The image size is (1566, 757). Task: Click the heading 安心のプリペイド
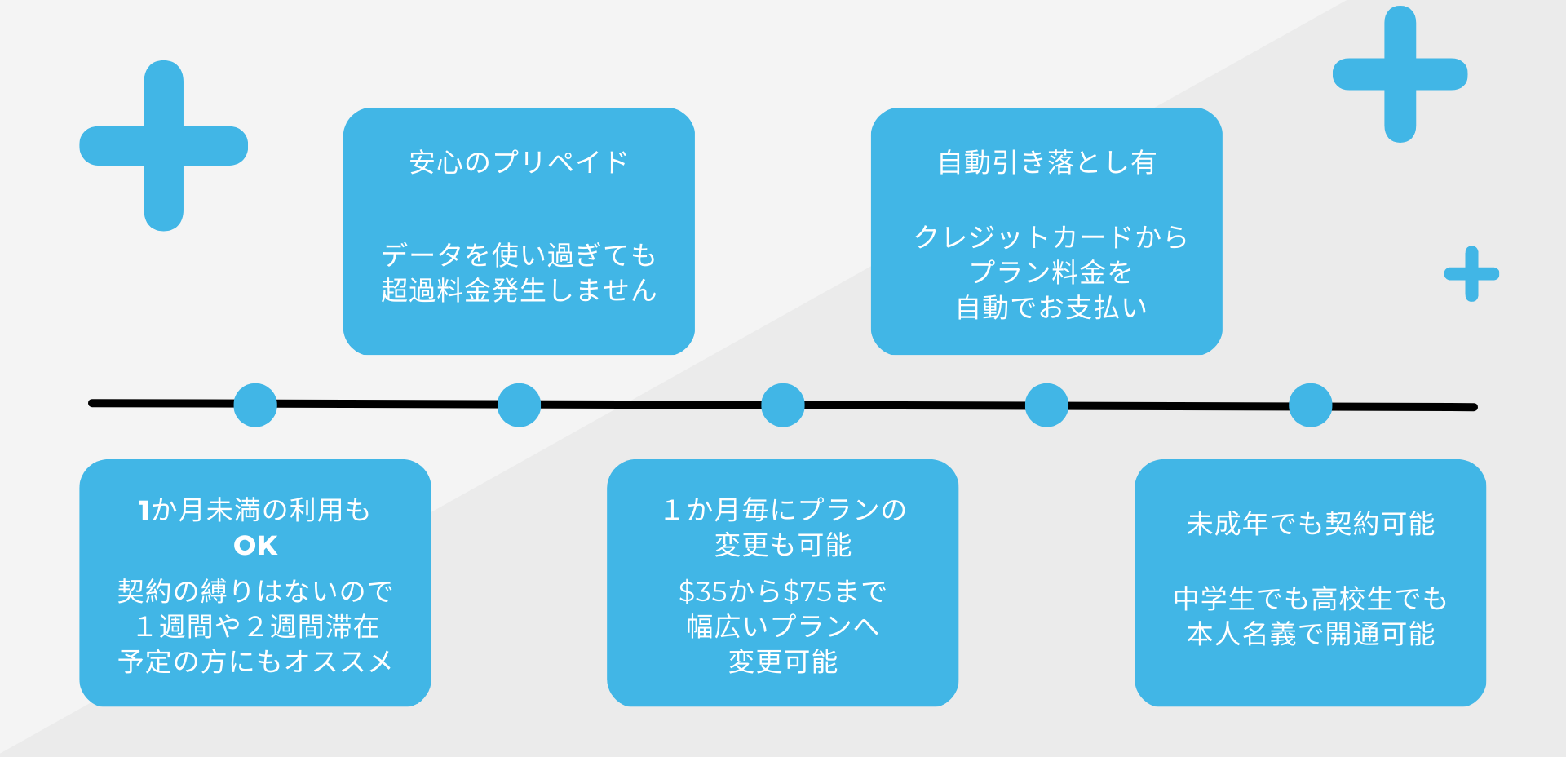(x=519, y=162)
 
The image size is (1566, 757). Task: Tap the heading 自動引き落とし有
(x=1046, y=162)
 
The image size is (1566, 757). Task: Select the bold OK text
(x=255, y=545)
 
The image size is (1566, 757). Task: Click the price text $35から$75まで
(x=782, y=591)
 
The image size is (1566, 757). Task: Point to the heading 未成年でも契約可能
(x=1310, y=524)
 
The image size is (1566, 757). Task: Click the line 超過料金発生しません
(x=519, y=290)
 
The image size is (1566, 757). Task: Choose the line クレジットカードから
(x=1051, y=237)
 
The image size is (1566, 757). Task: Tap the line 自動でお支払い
(x=1051, y=308)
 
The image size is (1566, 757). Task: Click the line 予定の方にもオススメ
(x=255, y=662)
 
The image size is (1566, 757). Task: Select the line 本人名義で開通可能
(x=1310, y=634)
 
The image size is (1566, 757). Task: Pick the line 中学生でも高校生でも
(x=1310, y=599)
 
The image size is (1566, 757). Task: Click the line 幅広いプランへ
(x=782, y=626)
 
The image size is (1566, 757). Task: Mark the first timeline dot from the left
(x=255, y=405)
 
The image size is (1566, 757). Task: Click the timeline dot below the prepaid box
(x=519, y=405)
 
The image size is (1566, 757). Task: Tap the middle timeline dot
(x=783, y=405)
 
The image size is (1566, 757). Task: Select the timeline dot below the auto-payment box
(x=1046, y=405)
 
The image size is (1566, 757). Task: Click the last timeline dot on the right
(x=1311, y=405)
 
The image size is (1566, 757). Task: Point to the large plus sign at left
(x=164, y=146)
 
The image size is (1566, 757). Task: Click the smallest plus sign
(x=1472, y=274)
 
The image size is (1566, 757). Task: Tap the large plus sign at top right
(x=1400, y=74)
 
